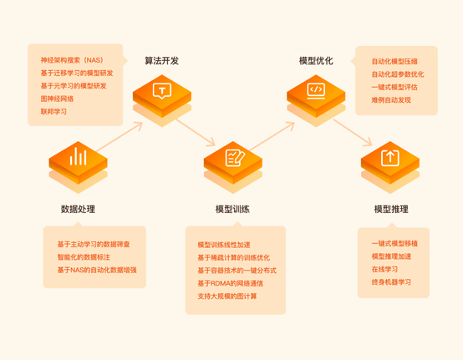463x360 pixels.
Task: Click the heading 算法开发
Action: click(x=161, y=61)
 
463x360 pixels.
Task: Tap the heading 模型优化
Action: click(x=316, y=61)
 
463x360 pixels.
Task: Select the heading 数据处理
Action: click(x=78, y=209)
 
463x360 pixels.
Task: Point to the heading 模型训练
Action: click(x=232, y=209)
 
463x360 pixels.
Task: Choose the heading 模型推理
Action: click(x=391, y=209)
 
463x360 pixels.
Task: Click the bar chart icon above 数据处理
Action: click(x=78, y=156)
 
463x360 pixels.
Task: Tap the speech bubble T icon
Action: click(x=162, y=91)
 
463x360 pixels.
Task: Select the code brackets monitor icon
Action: click(x=316, y=90)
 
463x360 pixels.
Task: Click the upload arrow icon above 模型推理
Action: click(x=390, y=158)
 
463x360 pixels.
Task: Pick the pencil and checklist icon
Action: click(x=235, y=158)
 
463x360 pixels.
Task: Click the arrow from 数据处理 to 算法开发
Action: click(x=120, y=137)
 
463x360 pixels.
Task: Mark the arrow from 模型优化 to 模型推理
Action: click(x=353, y=133)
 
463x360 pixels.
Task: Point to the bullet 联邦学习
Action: click(x=53, y=112)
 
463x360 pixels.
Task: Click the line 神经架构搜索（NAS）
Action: click(x=72, y=60)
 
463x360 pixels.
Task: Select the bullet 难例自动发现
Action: click(x=391, y=100)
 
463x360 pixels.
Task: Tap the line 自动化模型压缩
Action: click(x=394, y=61)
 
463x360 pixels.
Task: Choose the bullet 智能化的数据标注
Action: click(x=84, y=257)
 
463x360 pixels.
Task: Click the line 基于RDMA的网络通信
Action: click(x=231, y=283)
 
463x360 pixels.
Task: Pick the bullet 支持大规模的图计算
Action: click(x=227, y=297)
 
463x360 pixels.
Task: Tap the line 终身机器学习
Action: click(x=391, y=282)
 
